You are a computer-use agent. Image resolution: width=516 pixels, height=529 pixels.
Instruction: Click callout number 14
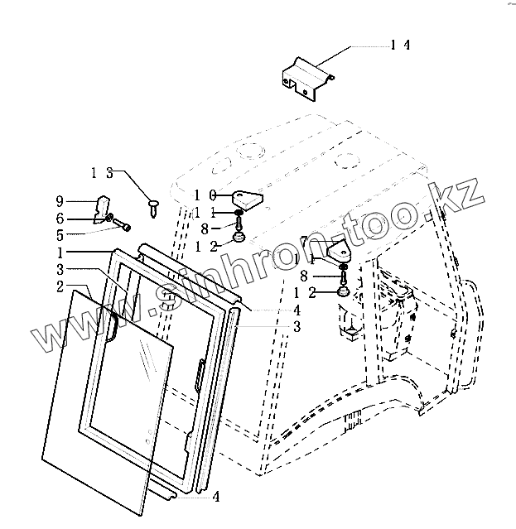click(401, 46)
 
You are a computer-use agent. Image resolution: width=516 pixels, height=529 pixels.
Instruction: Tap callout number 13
click(103, 173)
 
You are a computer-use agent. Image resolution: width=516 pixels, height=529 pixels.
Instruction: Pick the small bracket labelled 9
click(105, 207)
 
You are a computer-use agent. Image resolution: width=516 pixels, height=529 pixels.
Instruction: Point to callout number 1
click(62, 252)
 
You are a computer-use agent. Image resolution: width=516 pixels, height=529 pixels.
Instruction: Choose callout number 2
click(61, 286)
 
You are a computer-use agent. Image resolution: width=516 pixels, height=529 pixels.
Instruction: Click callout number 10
click(205, 195)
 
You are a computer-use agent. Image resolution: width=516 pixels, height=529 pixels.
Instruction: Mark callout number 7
click(303, 241)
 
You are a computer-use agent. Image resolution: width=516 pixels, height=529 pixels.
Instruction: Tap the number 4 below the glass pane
click(215, 498)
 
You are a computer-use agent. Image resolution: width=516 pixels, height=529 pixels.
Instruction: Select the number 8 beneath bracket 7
click(304, 277)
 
